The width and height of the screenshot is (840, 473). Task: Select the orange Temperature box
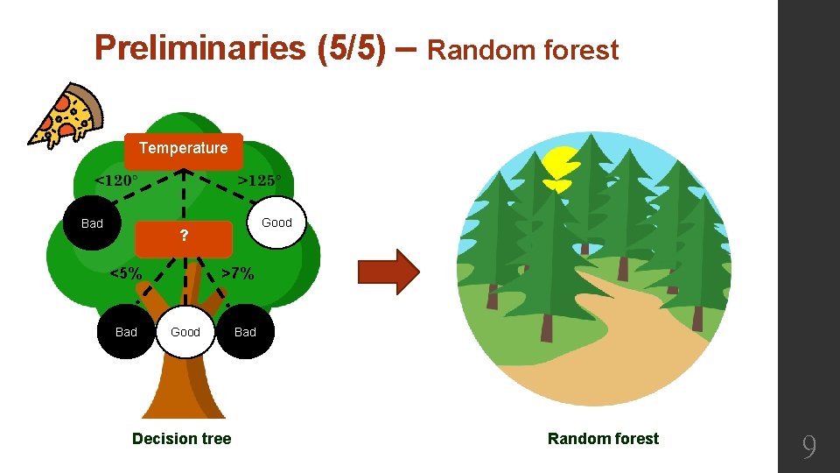pyautogui.click(x=183, y=148)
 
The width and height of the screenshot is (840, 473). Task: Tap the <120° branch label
pyautogui.click(x=116, y=180)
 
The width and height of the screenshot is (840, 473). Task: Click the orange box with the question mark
pyautogui.click(x=183, y=236)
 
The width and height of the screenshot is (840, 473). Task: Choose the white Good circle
pyautogui.click(x=185, y=332)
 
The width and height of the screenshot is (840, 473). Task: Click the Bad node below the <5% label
pyautogui.click(x=126, y=332)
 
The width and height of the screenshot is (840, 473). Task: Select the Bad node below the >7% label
pyautogui.click(x=245, y=332)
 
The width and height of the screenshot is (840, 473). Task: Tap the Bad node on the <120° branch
pyautogui.click(x=92, y=223)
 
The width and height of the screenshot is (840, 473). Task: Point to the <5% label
pyautogui.click(x=126, y=272)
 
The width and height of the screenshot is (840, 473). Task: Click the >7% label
pyautogui.click(x=237, y=273)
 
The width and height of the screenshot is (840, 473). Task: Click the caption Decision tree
pyautogui.click(x=182, y=439)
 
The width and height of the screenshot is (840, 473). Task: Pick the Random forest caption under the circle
pyautogui.click(x=603, y=439)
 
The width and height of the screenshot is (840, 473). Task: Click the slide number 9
pyautogui.click(x=809, y=448)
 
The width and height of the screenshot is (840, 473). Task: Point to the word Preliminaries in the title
pyautogui.click(x=201, y=48)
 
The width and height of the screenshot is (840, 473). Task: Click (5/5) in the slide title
pyautogui.click(x=349, y=48)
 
